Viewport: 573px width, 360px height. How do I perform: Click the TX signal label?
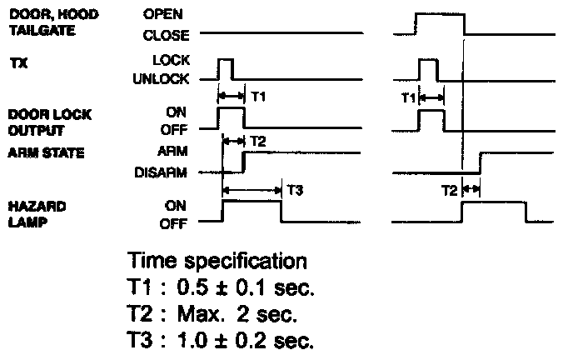point(17,62)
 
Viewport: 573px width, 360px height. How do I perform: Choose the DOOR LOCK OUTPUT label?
point(36,122)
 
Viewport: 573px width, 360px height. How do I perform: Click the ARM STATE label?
point(40,153)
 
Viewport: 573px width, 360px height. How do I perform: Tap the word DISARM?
point(160,174)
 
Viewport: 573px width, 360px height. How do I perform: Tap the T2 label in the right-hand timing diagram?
point(449,191)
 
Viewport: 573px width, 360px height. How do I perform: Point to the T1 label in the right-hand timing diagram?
point(407,97)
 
